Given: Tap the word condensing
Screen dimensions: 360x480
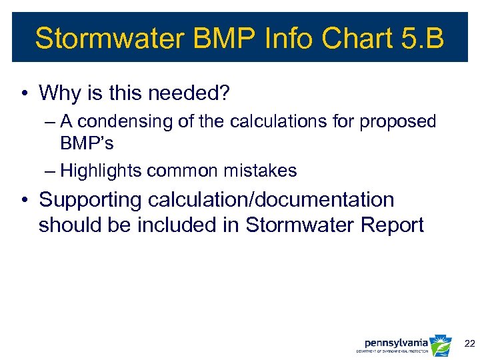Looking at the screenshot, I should pyautogui.click(x=127, y=122).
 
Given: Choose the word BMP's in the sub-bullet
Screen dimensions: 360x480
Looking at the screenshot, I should pyautogui.click(x=87, y=143).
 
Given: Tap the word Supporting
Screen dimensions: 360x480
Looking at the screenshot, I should pyautogui.click(x=91, y=200).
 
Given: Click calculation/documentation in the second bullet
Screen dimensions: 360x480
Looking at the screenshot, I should pyautogui.click(x=271, y=200).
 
